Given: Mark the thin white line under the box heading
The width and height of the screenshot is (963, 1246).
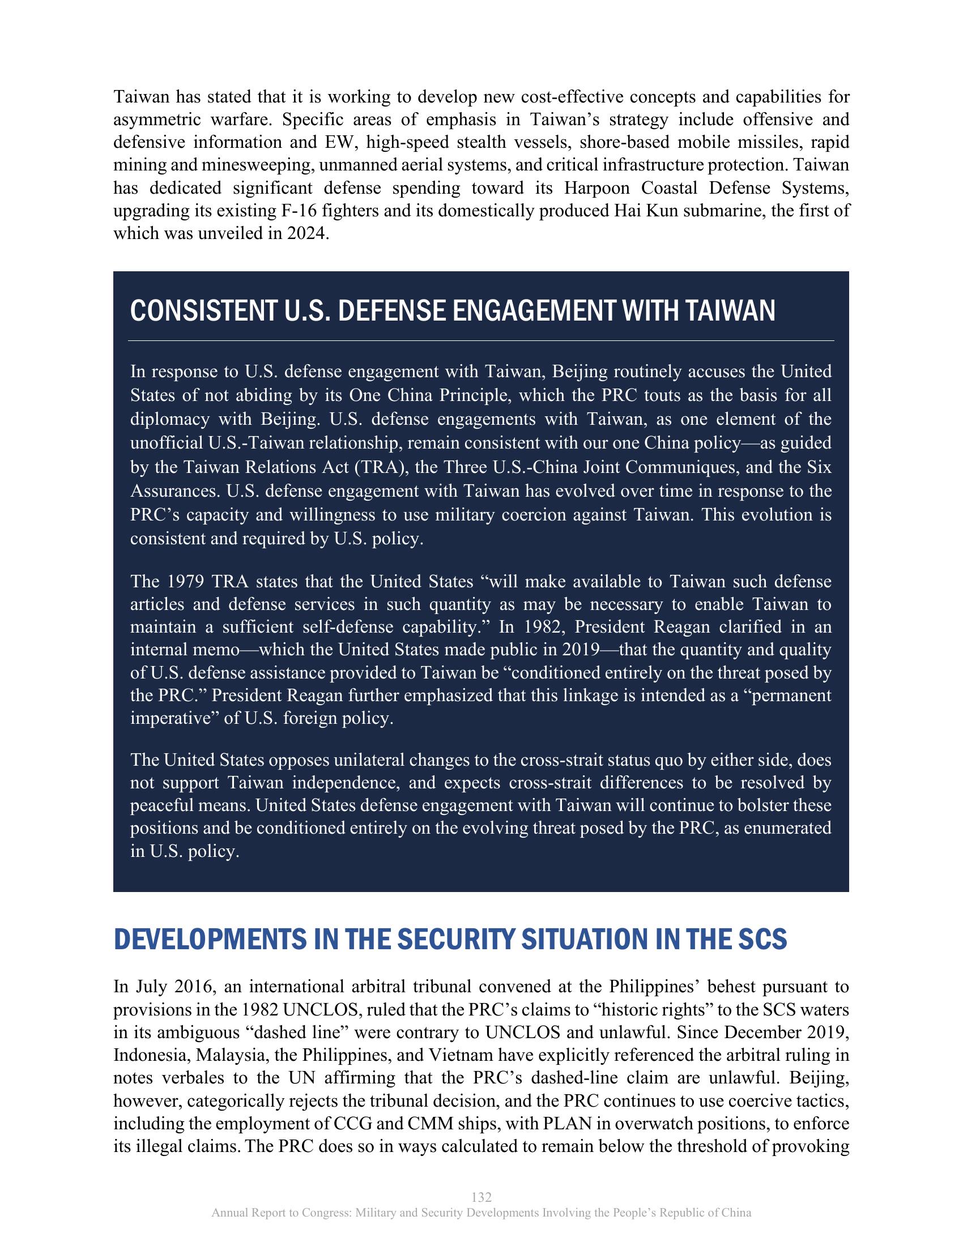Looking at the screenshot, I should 481,340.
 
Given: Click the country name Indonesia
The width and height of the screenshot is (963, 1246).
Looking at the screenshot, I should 150,1055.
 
